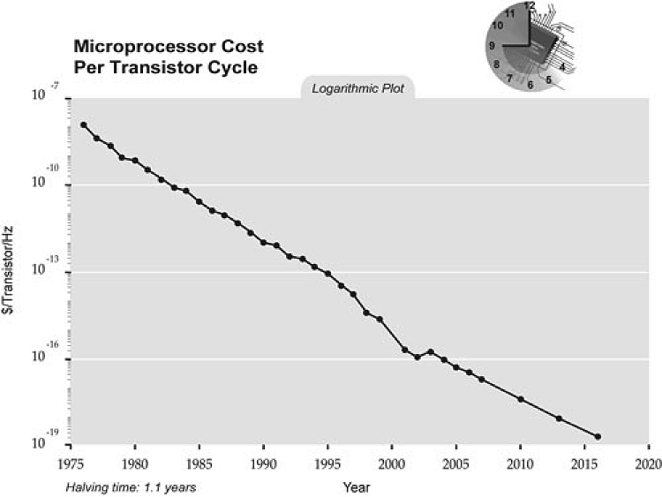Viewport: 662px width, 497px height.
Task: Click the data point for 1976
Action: coord(83,125)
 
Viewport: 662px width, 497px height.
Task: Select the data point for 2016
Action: coord(598,437)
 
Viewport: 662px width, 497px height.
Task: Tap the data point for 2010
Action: coord(521,400)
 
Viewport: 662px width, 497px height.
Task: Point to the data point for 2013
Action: coord(560,418)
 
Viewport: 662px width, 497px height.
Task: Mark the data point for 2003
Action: coord(431,351)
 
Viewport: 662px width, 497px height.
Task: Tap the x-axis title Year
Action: coord(357,486)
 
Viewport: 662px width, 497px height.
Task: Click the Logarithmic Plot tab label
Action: coord(357,89)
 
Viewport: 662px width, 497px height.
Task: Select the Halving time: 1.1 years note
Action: coord(130,487)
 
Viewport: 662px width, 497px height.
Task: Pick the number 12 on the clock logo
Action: coord(529,6)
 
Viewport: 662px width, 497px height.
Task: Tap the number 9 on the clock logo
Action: coord(491,45)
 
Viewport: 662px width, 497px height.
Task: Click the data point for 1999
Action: coord(380,319)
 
